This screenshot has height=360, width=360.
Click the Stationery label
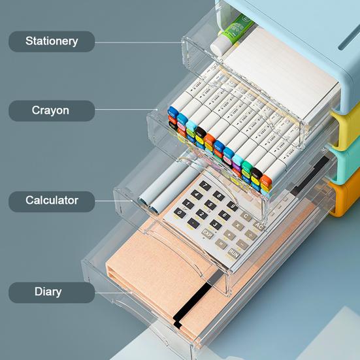point(52,41)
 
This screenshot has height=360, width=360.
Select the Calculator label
point(52,201)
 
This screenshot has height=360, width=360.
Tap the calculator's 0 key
point(180,213)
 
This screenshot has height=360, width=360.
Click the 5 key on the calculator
point(210,205)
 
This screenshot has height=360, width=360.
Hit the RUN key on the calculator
point(234,254)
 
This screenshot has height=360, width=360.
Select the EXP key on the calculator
point(207,234)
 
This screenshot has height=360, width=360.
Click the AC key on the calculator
point(259,226)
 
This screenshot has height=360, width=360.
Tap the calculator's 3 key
point(216,224)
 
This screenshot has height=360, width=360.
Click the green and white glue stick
point(231,35)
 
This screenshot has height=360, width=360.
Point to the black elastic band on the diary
point(192,303)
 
